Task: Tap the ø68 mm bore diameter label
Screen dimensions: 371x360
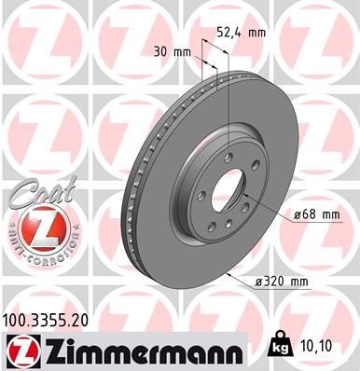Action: pyautogui.click(x=312, y=214)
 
